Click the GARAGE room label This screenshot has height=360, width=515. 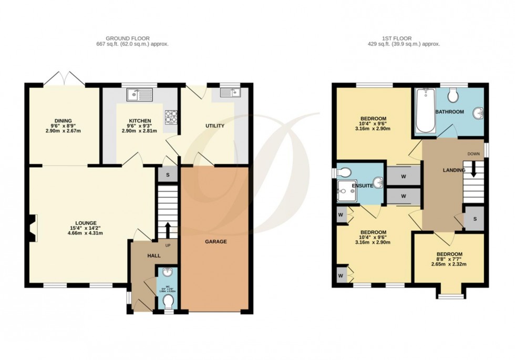point(215,242)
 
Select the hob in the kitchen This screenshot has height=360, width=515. point(171,116)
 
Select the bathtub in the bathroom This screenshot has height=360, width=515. point(425,110)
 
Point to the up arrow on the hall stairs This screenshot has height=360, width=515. point(168,230)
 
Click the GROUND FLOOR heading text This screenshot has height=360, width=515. point(128,38)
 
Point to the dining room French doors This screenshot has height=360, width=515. point(64,79)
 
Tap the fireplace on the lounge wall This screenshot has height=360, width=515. point(33,229)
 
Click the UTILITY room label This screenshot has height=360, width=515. point(214,126)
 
